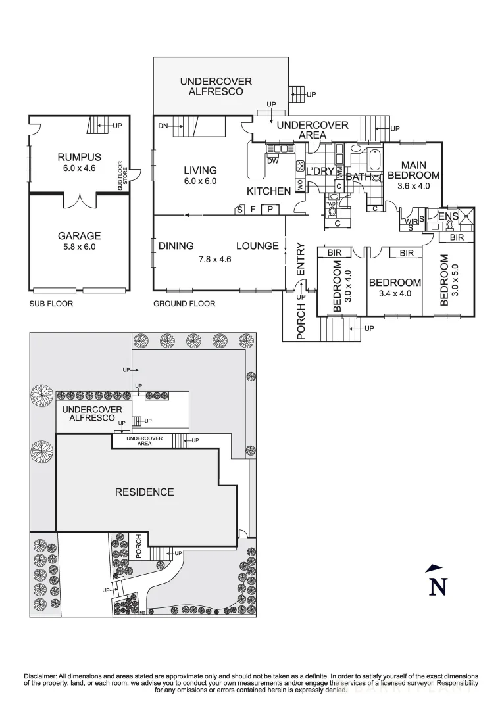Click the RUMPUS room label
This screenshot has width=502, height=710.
pos(79,157)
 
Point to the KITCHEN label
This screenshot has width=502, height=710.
pos(268,191)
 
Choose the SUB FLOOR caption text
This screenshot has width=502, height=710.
pos(51,304)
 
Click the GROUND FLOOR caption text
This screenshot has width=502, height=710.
pos(184,304)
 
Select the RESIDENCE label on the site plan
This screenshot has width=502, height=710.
pos(145,492)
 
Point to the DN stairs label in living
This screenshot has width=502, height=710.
pos(164,126)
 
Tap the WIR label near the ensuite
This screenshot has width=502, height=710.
pos(412,222)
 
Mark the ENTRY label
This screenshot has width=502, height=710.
pos(301,259)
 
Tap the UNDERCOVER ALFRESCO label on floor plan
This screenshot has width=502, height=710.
pos(216,87)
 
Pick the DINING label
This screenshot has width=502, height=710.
pos(176,246)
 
